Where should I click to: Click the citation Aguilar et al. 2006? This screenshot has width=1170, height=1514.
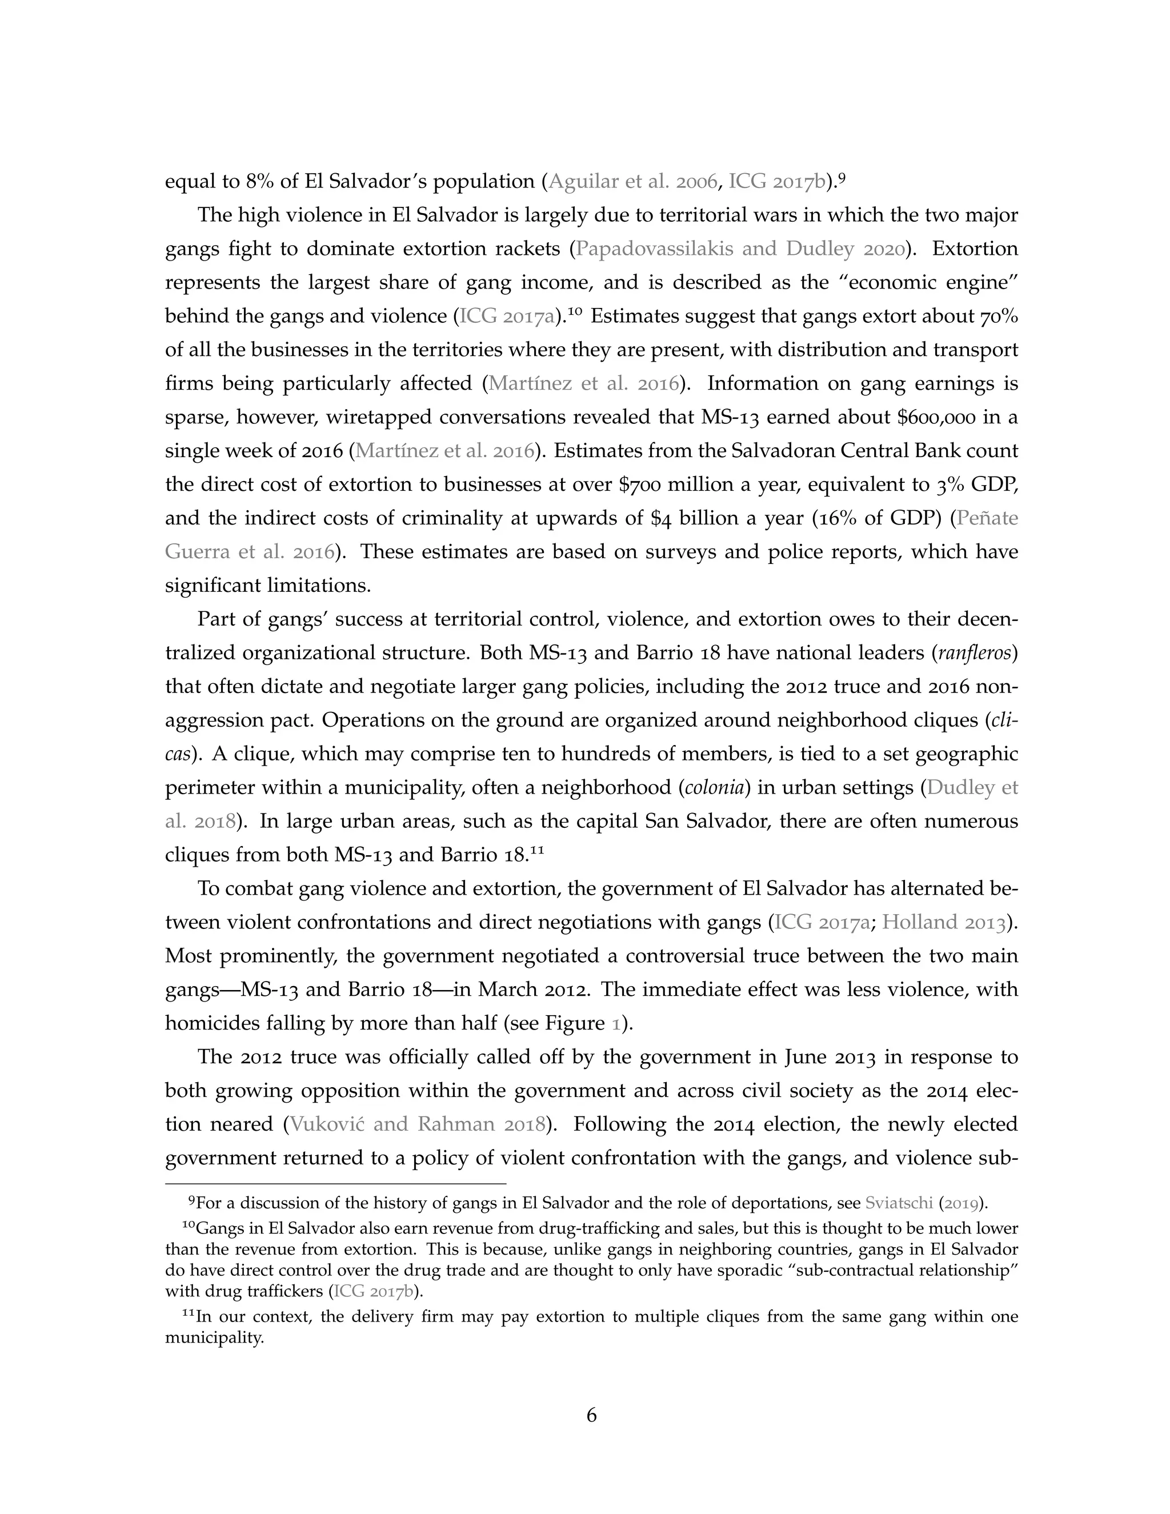point(632,182)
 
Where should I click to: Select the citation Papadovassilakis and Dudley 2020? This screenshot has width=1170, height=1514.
point(740,249)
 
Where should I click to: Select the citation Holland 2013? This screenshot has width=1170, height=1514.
point(943,923)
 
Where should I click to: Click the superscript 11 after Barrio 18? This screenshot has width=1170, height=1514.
point(536,849)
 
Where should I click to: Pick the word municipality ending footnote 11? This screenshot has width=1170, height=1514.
point(214,1339)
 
